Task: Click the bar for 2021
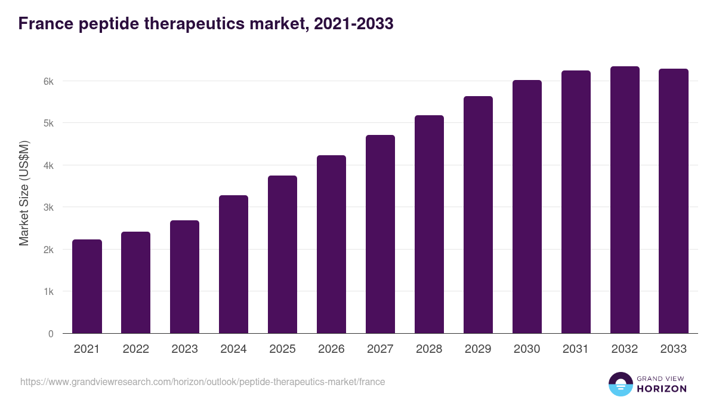click(x=87, y=287)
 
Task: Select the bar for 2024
click(x=233, y=264)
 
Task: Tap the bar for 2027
click(x=380, y=234)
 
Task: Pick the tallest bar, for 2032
click(x=625, y=200)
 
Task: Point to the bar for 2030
click(x=527, y=207)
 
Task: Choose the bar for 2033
click(x=674, y=201)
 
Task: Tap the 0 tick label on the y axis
click(x=51, y=334)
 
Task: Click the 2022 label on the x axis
click(x=135, y=349)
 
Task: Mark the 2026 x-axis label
click(x=331, y=349)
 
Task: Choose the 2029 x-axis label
click(x=478, y=349)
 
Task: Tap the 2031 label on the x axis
click(x=576, y=349)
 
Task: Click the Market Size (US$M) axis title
click(x=24, y=193)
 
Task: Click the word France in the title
click(x=45, y=24)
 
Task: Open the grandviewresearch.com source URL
click(x=202, y=382)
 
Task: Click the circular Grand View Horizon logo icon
click(x=621, y=384)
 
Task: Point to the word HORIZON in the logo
click(x=662, y=389)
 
